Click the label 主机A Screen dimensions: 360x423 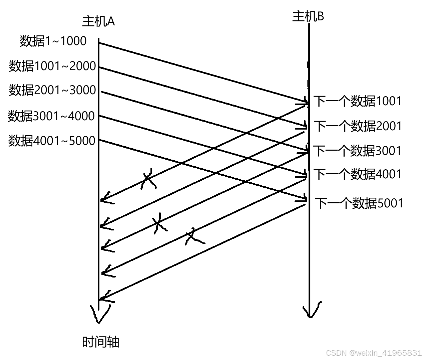pos(98,22)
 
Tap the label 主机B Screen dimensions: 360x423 pos(308,16)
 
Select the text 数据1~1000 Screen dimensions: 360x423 pos(53,41)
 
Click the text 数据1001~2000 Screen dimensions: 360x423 pos(52,66)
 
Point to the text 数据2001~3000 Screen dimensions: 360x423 pos(52,90)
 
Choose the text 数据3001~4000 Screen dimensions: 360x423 pos(51,116)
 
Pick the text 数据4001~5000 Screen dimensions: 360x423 pos(52,141)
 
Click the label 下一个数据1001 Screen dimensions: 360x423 pos(357,101)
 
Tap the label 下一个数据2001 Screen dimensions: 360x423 pos(358,126)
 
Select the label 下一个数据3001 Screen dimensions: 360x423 pos(357,151)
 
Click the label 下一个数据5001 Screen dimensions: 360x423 pos(359,203)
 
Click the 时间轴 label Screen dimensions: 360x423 pos(100,342)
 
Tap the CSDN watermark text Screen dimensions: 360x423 pos(374,353)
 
